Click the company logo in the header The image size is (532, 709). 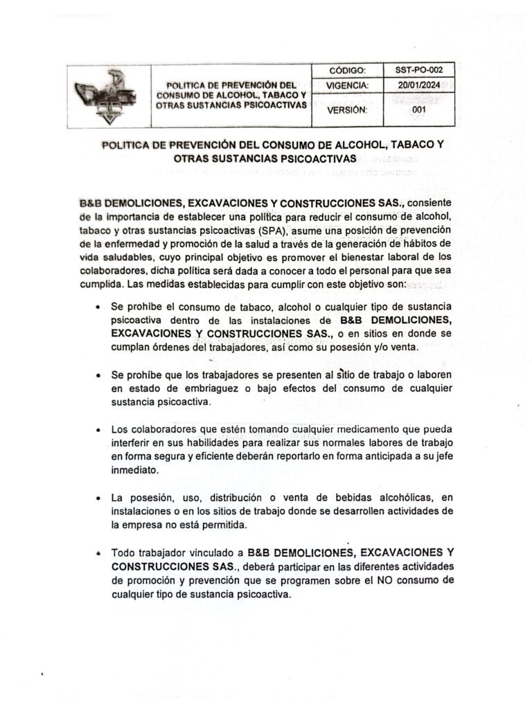(x=107, y=96)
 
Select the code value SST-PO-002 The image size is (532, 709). (x=414, y=70)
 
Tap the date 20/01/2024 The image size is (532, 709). (x=414, y=85)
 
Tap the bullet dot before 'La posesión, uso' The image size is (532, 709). (x=101, y=498)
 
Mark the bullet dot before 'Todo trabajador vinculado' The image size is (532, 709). (x=101, y=553)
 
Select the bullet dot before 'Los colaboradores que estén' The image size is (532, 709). (x=101, y=429)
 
